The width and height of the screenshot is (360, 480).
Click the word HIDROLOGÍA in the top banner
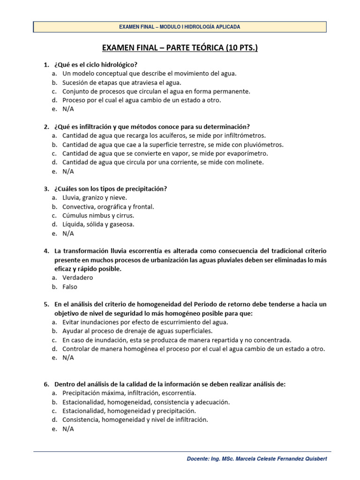tap(198, 27)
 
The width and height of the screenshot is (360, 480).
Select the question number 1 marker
tap(46, 64)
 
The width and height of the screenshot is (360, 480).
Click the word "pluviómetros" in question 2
tap(264, 144)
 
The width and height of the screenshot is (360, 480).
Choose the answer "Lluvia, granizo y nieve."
tap(94, 198)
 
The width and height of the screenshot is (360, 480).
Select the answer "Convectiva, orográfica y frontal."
tap(108, 207)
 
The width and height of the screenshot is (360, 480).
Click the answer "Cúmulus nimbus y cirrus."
tap(98, 216)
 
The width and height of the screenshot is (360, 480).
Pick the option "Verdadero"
tap(78, 277)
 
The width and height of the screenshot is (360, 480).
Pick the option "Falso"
tap(70, 286)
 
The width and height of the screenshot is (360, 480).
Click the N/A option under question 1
tap(68, 109)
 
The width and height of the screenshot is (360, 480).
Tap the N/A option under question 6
tap(68, 429)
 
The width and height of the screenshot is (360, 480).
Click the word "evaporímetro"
tap(250, 153)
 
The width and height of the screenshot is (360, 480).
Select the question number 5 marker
tap(46, 304)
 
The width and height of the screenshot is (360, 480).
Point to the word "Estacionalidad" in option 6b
tap(83, 402)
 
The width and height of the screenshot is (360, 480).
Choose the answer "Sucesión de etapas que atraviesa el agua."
tap(121, 82)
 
